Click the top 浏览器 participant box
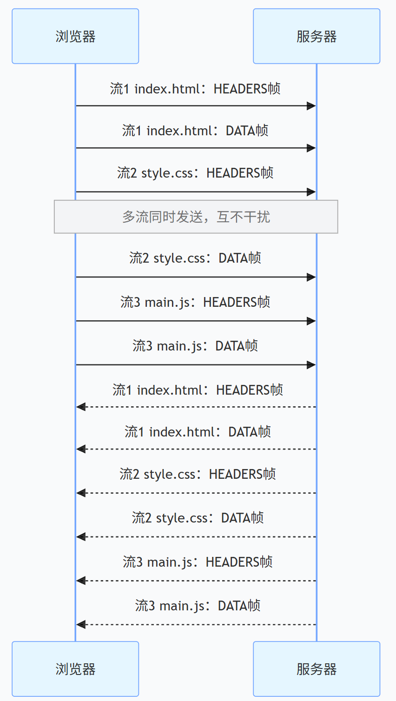coord(75,36)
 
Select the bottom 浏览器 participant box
coord(75,669)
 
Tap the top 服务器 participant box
coord(317,36)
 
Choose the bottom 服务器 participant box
coord(317,669)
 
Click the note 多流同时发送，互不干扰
coord(196,217)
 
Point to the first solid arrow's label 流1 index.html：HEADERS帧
coord(195,89)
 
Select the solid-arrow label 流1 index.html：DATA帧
coord(195,131)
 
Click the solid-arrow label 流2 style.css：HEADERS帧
coord(195,173)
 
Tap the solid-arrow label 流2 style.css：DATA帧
coord(195,258)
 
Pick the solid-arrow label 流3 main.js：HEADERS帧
coord(195,302)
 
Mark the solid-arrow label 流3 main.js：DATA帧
coord(195,346)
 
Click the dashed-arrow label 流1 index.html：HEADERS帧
coord(198,390)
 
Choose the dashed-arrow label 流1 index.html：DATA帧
coord(198,432)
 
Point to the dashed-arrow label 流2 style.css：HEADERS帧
coord(198,474)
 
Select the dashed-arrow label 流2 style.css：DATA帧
coord(198,518)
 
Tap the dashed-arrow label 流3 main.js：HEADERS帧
coord(198,562)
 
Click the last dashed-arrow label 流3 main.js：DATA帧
coord(198,606)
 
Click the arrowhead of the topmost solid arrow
coord(312,106)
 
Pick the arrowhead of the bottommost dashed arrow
coord(81,625)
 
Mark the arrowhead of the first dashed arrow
coord(81,407)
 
